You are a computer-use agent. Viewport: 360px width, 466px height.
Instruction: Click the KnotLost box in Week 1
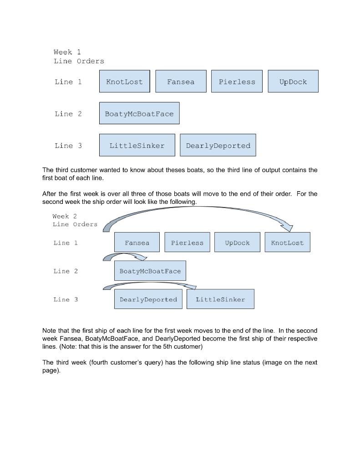click(124, 81)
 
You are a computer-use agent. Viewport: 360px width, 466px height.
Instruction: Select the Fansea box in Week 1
click(181, 81)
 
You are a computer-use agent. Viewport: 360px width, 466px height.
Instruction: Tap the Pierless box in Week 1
click(237, 81)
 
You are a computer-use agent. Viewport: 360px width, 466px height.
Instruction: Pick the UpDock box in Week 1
click(293, 81)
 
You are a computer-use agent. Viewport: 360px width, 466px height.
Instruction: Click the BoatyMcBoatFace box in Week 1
click(139, 113)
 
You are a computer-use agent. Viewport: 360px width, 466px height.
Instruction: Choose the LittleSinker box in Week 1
click(137, 145)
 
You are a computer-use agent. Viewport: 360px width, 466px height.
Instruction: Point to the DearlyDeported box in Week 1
click(218, 145)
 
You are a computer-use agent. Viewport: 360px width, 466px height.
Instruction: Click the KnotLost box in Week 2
click(287, 242)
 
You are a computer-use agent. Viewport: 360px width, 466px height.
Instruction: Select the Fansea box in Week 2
click(137, 242)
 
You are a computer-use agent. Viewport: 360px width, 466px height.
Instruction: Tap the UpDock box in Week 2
click(237, 242)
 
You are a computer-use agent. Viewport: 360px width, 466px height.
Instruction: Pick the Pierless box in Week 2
click(187, 242)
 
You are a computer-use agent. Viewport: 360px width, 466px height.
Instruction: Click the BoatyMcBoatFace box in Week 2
click(150, 271)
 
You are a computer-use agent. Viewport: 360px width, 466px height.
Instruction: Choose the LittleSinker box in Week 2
click(220, 299)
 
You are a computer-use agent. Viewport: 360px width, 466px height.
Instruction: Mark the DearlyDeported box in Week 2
click(148, 299)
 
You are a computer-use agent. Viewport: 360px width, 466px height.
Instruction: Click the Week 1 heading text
click(67, 52)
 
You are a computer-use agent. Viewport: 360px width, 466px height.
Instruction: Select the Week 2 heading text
click(65, 216)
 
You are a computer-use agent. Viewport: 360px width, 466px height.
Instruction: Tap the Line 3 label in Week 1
click(68, 146)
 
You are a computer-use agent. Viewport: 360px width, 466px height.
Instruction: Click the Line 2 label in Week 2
click(66, 271)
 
